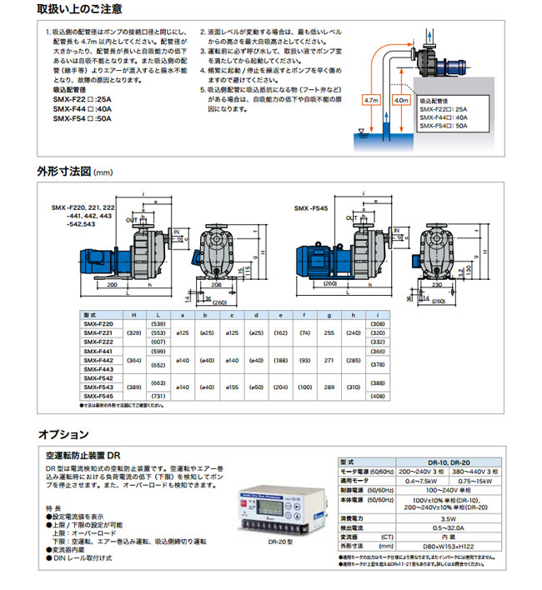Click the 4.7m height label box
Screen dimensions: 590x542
(x=373, y=98)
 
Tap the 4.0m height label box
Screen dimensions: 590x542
(x=400, y=98)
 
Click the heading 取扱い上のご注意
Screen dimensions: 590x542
(x=80, y=10)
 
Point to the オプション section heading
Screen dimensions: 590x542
(x=63, y=433)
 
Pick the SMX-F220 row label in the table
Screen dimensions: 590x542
(x=99, y=322)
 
